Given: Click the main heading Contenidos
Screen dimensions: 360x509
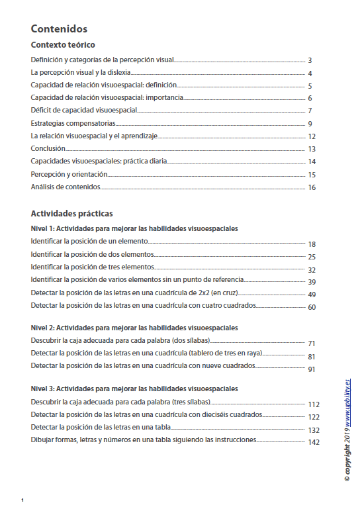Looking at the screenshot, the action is [59, 29].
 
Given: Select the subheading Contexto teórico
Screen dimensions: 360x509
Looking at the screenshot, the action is [63, 45].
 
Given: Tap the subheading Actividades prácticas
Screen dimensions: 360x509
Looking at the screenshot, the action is [71, 214].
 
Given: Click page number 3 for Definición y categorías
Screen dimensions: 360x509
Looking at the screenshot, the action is [310, 61].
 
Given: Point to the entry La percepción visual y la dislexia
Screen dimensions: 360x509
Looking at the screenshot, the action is [81, 73].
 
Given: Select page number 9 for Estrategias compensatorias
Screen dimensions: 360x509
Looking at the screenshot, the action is [310, 124].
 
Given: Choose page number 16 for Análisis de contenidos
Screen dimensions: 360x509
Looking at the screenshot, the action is [312, 187].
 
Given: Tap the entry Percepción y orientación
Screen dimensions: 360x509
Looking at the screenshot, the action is [69, 174].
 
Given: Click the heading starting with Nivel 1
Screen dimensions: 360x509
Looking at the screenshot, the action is [134, 228].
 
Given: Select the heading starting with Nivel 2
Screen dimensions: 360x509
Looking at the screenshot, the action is [134, 328].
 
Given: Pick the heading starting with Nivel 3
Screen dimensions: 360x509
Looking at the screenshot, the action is [134, 389].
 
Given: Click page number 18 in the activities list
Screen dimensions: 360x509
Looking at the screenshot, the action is [312, 244].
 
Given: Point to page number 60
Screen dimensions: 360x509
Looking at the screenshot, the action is [312, 307].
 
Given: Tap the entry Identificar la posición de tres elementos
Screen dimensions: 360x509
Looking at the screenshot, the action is [92, 267].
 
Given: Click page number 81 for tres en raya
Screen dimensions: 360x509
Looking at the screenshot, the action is [312, 357].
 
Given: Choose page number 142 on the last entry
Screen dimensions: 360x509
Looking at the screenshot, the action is [314, 442].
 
